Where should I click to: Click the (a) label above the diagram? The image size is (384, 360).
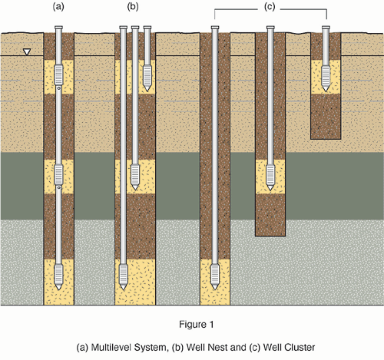pyautogui.click(x=58, y=7)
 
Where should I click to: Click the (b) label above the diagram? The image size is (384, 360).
pyautogui.click(x=133, y=7)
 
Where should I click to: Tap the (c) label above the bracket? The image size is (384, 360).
pyautogui.click(x=270, y=7)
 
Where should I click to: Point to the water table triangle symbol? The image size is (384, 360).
pyautogui.click(x=27, y=52)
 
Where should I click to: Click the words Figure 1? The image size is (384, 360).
pyautogui.click(x=196, y=325)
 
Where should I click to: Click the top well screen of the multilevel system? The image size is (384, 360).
pyautogui.click(x=58, y=74)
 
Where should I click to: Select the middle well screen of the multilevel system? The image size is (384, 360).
pyautogui.click(x=58, y=174)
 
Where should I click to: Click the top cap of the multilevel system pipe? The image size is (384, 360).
pyautogui.click(x=58, y=27)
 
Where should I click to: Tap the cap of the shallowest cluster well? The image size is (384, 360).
pyautogui.click(x=326, y=27)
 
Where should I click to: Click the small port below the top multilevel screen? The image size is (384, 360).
pyautogui.click(x=58, y=88)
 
